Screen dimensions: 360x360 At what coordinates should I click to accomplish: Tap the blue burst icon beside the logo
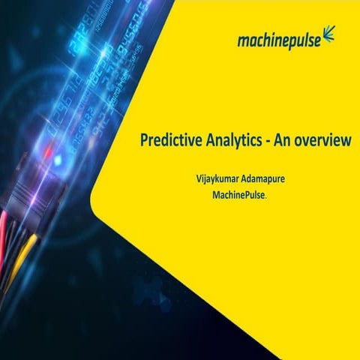[x=329, y=34]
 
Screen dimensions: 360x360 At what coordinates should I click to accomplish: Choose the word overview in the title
[x=323, y=140]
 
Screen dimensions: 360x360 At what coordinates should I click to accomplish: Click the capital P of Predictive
[x=143, y=139]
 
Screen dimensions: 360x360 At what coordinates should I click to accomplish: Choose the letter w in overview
[x=346, y=140]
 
